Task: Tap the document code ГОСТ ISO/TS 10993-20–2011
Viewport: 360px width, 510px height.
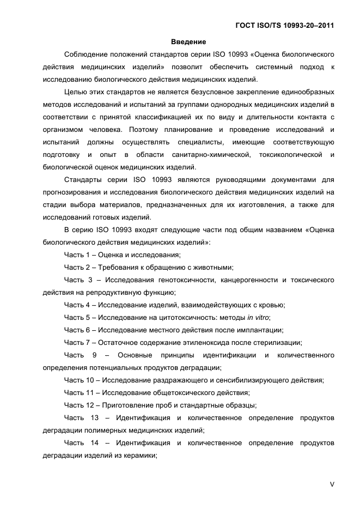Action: [x=284, y=25]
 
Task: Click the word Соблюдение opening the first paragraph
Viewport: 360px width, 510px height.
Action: [x=87, y=54]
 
